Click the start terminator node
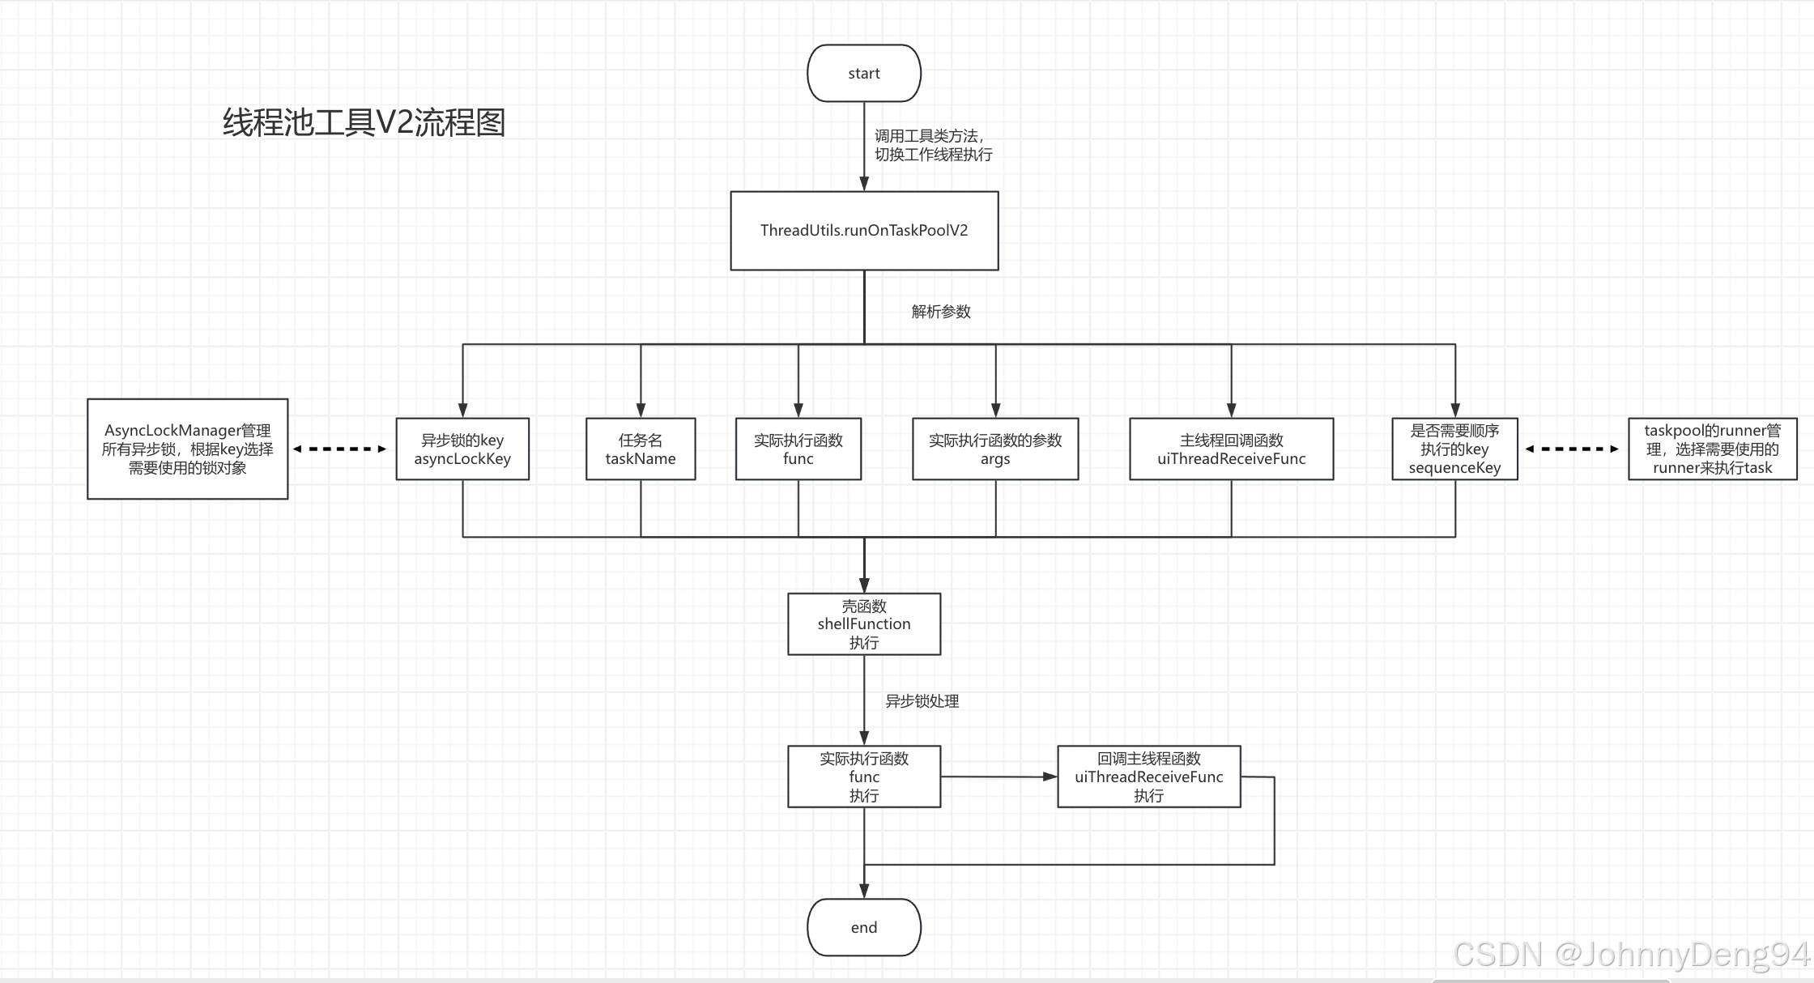[x=864, y=73]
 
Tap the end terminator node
[x=864, y=927]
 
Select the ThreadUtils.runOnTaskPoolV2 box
[x=864, y=231]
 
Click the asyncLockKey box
[x=462, y=449]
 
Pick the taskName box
[x=641, y=449]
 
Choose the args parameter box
[x=995, y=449]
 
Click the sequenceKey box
[x=1454, y=449]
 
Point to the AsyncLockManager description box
[x=188, y=449]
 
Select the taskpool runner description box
[x=1712, y=449]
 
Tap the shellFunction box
[x=864, y=624]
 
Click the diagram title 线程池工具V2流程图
[x=364, y=123]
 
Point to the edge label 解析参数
[x=941, y=312]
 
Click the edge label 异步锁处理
[x=922, y=701]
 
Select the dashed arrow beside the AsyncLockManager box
[x=340, y=449]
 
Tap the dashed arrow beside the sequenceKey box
[x=1572, y=449]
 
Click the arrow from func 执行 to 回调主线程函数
[x=999, y=777]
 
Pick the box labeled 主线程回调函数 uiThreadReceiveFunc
[x=1231, y=449]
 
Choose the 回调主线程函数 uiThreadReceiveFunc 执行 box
[x=1148, y=777]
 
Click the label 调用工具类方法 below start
[x=933, y=146]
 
